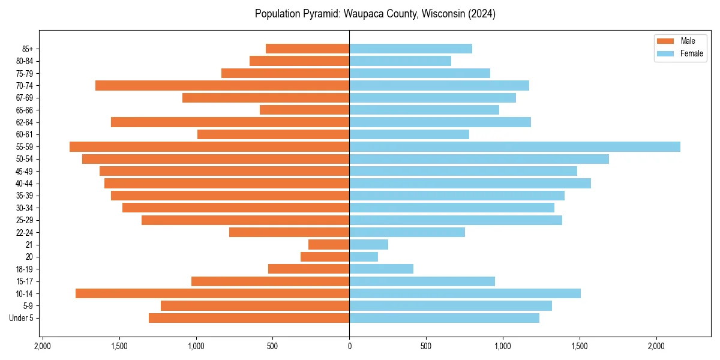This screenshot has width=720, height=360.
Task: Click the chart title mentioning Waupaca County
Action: coord(375,14)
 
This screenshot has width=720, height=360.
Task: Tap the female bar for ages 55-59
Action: coord(514,147)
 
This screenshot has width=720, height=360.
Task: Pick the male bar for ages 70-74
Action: coord(222,86)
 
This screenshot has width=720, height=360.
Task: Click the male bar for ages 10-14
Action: coord(212,293)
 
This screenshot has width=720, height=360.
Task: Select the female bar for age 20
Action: coord(364,257)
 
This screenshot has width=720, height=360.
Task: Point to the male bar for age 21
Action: coord(329,245)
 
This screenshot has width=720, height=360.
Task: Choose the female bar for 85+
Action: coord(410,49)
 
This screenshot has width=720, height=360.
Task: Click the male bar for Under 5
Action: coord(249,318)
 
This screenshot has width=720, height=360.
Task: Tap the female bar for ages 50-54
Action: coord(479,159)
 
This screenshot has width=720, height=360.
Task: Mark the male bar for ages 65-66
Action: coord(304,110)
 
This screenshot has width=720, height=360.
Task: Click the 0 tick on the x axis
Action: coord(349,346)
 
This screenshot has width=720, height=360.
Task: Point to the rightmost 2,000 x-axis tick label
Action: coord(656,346)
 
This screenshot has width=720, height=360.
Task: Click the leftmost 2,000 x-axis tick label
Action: coord(43,346)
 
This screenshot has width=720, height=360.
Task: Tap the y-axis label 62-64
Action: coord(25,122)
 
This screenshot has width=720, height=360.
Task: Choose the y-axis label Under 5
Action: coord(22,318)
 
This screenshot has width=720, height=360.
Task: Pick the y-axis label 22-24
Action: coord(25,232)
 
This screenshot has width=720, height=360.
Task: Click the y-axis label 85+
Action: coord(28,49)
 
